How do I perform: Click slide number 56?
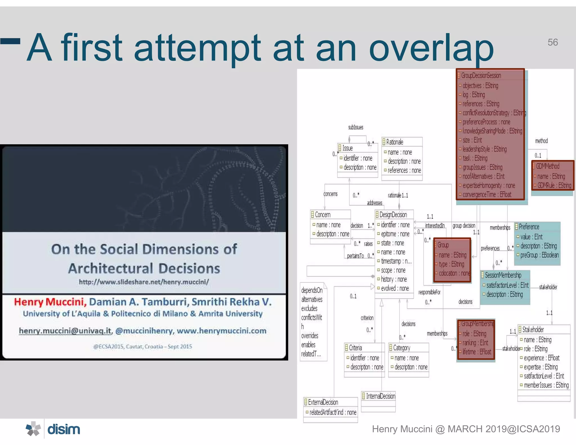click(x=552, y=42)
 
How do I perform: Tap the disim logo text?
click(x=64, y=430)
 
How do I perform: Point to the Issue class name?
click(x=347, y=148)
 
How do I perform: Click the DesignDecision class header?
click(x=393, y=215)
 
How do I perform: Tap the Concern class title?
click(x=322, y=215)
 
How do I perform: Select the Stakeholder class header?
click(x=533, y=329)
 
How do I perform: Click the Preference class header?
click(x=529, y=227)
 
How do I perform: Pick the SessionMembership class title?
click(x=503, y=275)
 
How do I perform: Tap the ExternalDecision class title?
click(x=323, y=402)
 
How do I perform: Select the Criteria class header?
click(x=355, y=348)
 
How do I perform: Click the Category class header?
click(x=401, y=348)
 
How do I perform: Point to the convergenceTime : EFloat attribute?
click(x=487, y=195)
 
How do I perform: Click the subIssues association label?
click(x=355, y=127)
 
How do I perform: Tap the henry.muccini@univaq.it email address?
click(x=65, y=331)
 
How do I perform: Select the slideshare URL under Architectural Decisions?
click(x=144, y=282)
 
